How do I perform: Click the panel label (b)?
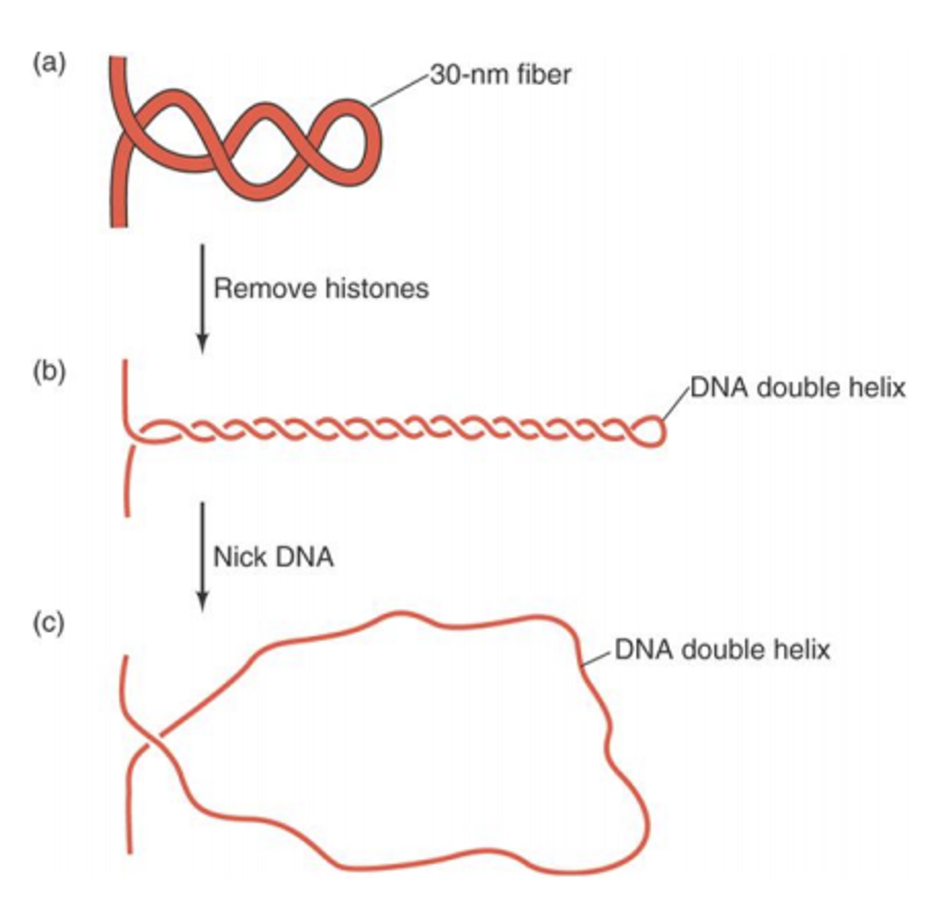[x=48, y=373]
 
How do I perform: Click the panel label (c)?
[x=48, y=623]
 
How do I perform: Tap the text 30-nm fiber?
[x=500, y=74]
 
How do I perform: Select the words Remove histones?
[x=321, y=289]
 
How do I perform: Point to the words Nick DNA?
[x=273, y=557]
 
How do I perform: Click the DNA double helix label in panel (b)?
[x=797, y=388]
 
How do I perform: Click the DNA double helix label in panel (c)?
[x=722, y=649]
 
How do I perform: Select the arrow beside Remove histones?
[x=202, y=297]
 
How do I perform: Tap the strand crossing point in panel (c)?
[x=151, y=744]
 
